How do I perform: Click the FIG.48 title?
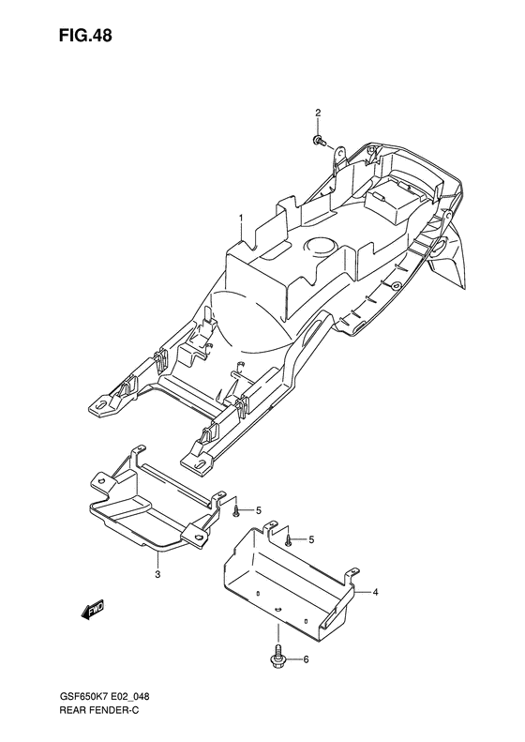tap(85, 36)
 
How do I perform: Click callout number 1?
tap(241, 218)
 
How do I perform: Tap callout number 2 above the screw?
tap(318, 113)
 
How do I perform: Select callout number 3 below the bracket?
tap(158, 574)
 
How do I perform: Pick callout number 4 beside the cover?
tap(375, 592)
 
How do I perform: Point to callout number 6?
tap(306, 659)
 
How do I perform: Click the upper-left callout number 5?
tap(258, 510)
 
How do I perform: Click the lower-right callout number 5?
tap(310, 539)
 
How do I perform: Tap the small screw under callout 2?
tap(319, 140)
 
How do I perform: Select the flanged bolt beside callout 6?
tap(278, 658)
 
